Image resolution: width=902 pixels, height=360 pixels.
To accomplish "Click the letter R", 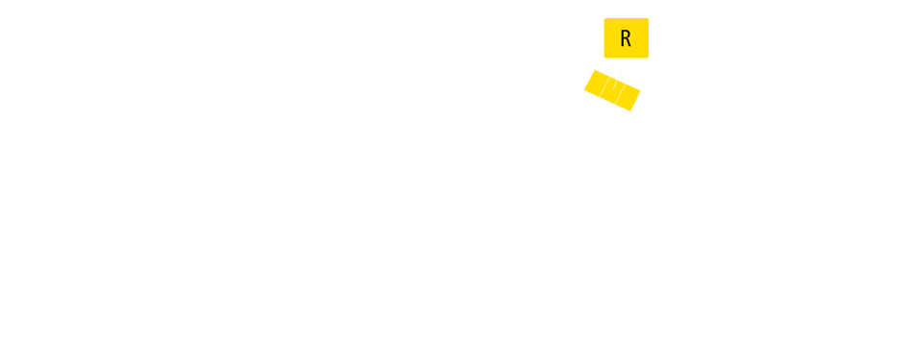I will (626, 39).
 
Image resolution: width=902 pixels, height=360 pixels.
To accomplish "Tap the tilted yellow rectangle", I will (612, 90).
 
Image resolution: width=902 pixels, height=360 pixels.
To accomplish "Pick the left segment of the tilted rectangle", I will (597, 84).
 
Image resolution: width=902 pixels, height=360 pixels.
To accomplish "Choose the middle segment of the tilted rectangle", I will (613, 91).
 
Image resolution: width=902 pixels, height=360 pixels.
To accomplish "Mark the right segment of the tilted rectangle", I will (629, 98).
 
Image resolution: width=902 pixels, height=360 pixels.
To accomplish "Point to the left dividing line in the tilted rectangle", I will (608, 88).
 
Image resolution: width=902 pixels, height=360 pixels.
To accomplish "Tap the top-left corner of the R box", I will (605, 18).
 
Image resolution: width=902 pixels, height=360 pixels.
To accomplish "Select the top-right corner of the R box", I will (649, 18).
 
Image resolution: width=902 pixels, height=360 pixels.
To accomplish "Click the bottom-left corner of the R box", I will (605, 58).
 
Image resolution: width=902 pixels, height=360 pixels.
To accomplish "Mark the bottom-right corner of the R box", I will (649, 58).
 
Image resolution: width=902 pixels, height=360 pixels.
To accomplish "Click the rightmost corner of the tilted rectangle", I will (640, 93).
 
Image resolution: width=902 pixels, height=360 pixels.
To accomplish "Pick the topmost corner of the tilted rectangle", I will (593, 69).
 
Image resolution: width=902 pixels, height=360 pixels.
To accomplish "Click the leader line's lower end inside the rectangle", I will (614, 90).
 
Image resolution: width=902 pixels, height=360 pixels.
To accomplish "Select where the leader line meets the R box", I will (626, 58).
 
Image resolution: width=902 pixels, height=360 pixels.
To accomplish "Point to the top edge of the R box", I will (627, 18).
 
